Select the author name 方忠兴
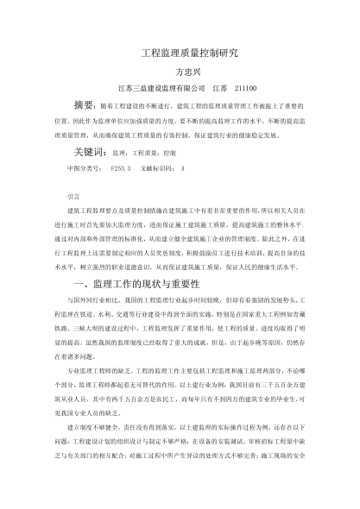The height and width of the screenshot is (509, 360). (x=180, y=71)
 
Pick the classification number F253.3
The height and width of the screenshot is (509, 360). (x=119, y=167)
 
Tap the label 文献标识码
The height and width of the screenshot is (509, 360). (x=155, y=167)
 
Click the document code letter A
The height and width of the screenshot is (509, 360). (x=182, y=167)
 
